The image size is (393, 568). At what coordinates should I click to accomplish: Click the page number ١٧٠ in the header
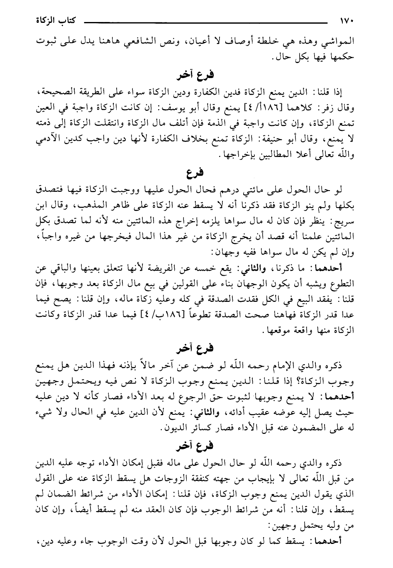(x=346, y=20)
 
